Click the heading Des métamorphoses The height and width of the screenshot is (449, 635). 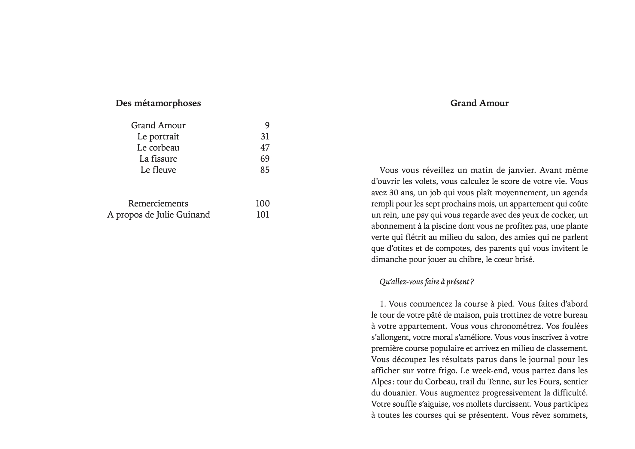(158, 103)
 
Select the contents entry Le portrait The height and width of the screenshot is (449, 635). (158, 136)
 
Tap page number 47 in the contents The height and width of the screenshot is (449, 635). (265, 148)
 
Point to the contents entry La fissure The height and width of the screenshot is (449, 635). (158, 159)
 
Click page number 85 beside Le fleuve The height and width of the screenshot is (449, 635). (265, 170)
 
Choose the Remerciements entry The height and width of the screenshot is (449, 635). (158, 203)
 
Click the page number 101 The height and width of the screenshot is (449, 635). (263, 215)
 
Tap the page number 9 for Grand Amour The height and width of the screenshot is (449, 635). (267, 125)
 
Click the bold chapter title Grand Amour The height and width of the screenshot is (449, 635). (479, 103)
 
